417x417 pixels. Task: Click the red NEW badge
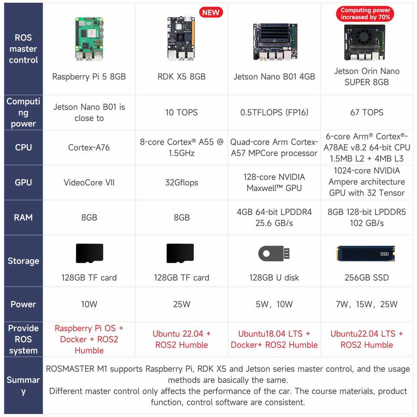211,12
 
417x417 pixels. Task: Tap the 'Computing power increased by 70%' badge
365,14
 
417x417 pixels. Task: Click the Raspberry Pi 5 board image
89,39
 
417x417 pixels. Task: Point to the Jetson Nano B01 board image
274,41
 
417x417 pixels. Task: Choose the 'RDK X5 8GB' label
182,77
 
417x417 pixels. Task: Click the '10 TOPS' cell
182,113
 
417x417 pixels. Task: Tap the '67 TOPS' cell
367,113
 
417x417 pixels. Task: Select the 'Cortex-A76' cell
89,147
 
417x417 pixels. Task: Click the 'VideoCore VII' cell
89,182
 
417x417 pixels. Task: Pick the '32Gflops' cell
182,182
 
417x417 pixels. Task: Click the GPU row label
23,182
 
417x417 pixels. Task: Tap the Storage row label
23,261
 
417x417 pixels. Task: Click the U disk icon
274,254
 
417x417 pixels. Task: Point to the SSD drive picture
365,254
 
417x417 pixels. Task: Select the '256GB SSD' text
367,278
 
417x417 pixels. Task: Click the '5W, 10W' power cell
274,304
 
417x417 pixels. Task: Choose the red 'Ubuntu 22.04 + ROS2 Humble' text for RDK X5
182,339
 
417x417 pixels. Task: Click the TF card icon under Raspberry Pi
89,253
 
